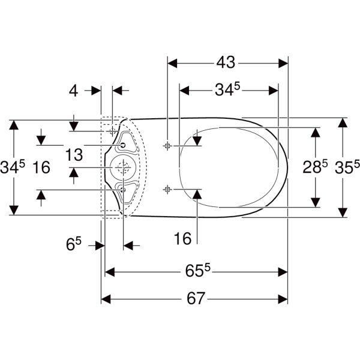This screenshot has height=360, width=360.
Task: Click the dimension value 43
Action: (x=226, y=62)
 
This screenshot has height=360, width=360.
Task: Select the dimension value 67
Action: (x=196, y=298)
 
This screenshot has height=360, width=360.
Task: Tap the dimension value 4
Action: (x=73, y=91)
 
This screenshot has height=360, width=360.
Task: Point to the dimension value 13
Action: (x=74, y=155)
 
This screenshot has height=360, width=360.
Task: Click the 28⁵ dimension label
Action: (x=315, y=167)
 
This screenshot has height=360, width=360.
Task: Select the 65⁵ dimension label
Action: (x=198, y=271)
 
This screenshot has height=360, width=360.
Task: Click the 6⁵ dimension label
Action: (x=74, y=244)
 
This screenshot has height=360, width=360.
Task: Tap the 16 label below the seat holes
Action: (x=182, y=238)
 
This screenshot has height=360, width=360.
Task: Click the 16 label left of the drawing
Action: (x=41, y=167)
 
